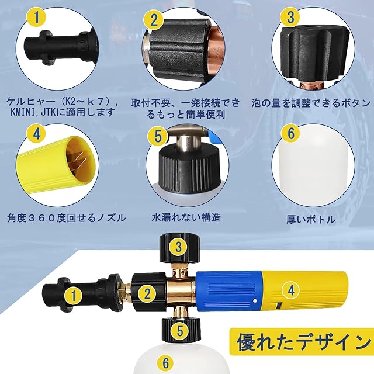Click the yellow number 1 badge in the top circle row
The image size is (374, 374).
click(x=37, y=17)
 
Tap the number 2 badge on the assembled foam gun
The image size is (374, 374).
click(x=147, y=293)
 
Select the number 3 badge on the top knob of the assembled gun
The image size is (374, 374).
click(x=179, y=247)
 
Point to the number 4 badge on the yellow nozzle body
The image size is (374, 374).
click(x=291, y=290)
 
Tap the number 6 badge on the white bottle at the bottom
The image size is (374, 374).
click(x=165, y=363)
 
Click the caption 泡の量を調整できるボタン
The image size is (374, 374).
click(x=311, y=103)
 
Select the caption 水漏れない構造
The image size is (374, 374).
click(x=186, y=217)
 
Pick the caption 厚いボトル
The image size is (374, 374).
click(x=311, y=220)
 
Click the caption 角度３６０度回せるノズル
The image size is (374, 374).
click(x=66, y=218)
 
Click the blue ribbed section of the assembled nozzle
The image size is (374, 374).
click(x=228, y=291)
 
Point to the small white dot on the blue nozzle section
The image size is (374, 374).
click(x=255, y=301)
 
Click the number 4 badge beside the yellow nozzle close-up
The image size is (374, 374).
click(x=37, y=134)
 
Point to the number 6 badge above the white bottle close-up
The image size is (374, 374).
click(x=291, y=133)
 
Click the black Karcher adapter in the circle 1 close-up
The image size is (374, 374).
click(x=61, y=47)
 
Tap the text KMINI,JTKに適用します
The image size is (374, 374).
click(x=62, y=113)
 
